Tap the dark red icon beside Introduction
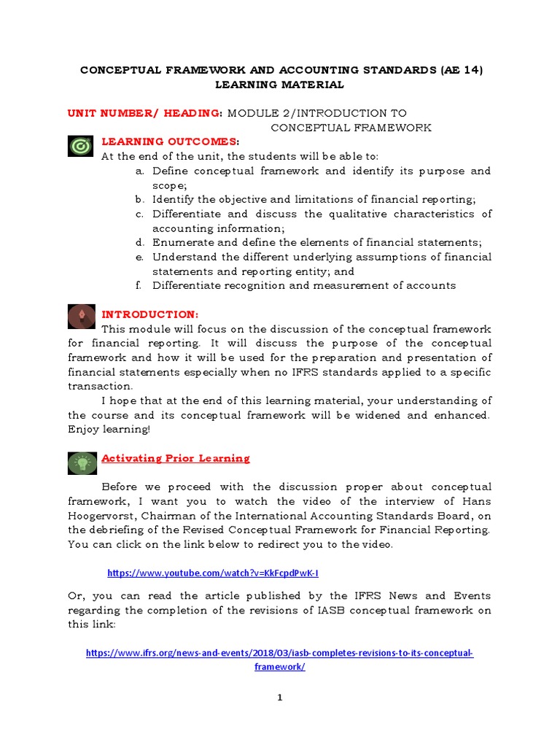coord(80,316)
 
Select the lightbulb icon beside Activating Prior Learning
coord(80,462)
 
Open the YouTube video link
coord(213,573)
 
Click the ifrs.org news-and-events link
coord(280,653)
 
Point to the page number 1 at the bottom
coord(279,698)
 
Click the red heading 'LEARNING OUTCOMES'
coord(168,141)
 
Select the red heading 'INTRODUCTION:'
coord(149,314)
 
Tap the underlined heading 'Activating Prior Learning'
coord(175,458)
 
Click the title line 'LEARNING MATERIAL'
coord(279,85)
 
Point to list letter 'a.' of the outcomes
coord(139,171)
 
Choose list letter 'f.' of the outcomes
coord(139,285)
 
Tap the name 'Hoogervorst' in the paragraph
coord(100,515)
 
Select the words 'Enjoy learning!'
coord(108,429)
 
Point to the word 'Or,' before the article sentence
coord(77,596)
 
